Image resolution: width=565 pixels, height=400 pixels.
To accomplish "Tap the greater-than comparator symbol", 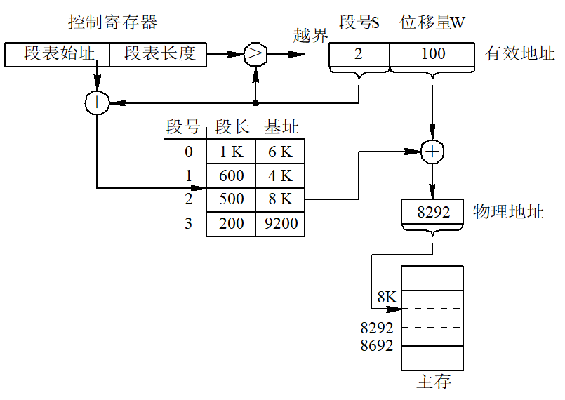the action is [255, 55].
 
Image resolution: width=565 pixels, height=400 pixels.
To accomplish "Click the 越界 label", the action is [311, 36].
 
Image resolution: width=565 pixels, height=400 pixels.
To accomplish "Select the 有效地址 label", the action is [519, 53].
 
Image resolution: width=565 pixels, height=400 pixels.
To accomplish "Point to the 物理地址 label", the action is [508, 211].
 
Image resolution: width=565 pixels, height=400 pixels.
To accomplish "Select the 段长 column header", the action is [232, 127].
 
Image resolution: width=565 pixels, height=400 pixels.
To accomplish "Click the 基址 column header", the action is [281, 127].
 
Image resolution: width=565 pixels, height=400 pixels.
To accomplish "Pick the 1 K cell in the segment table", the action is [231, 152].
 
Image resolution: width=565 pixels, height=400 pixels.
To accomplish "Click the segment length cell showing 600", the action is [231, 176].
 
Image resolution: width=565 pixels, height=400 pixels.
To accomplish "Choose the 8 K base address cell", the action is [280, 200].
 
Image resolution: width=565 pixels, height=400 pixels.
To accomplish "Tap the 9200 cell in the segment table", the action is [280, 224].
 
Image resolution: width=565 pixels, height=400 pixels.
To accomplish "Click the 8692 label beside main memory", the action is [377, 345].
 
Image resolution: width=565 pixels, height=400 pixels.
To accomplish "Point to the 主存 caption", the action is [434, 382].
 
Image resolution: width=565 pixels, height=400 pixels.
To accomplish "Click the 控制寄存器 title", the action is [113, 22].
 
